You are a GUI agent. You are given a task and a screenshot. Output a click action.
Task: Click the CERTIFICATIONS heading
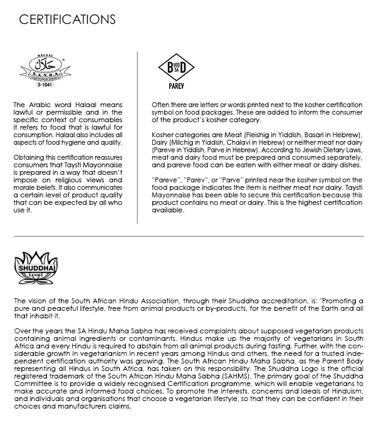point(67,19)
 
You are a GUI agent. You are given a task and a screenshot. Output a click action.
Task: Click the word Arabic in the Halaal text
point(36,104)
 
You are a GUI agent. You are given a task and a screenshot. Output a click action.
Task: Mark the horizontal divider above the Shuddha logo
point(188,236)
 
